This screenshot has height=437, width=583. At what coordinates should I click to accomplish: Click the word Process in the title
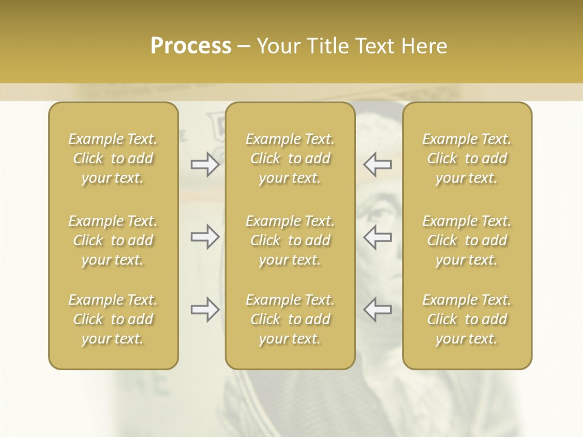point(191,46)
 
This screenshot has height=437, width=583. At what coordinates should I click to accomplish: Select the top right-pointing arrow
point(205,164)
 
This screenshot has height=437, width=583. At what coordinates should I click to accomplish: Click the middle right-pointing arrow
point(205,237)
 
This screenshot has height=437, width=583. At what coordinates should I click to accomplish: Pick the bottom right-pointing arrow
point(205,310)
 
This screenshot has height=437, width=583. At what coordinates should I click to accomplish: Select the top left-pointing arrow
point(377,164)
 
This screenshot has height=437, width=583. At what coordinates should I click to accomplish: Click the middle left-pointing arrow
point(377,237)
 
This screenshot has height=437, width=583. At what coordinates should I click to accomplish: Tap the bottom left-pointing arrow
point(377,310)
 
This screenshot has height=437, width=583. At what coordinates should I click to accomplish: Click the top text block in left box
point(113,158)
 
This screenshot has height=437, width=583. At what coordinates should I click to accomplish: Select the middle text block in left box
point(113,240)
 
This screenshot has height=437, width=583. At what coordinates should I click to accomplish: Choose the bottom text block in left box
point(113,319)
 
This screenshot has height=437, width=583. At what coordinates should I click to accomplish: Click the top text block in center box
point(290,158)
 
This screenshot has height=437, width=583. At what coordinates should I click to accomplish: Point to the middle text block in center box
point(290,240)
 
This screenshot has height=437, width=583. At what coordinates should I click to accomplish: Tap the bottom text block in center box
point(290,319)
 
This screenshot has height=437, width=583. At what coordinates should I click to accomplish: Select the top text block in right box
point(467,158)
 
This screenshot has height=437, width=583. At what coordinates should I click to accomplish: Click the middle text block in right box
point(467,240)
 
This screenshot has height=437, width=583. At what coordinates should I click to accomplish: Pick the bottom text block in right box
point(467,319)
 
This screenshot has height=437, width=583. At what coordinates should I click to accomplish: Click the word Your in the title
point(279,46)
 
